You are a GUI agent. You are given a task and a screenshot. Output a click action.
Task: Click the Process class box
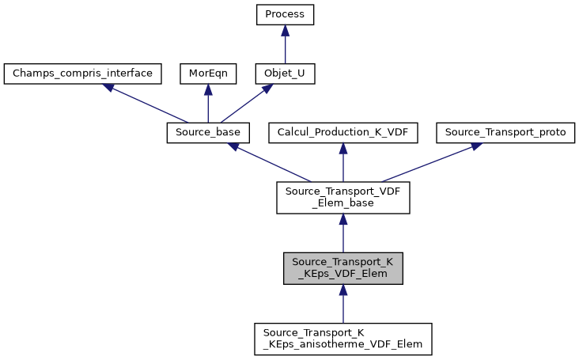285,15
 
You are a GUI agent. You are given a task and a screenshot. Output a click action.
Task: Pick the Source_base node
208,133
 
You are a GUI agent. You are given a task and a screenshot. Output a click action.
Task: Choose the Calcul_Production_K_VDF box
342,133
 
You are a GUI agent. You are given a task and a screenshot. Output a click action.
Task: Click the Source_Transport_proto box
505,133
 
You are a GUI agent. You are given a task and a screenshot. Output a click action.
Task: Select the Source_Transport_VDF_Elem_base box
342,198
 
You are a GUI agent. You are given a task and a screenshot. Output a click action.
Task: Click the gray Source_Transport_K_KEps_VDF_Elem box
342,269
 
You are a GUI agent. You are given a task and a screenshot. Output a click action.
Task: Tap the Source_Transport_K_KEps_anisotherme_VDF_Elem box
342,338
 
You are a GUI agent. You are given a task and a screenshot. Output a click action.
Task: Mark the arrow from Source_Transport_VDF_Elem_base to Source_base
269,163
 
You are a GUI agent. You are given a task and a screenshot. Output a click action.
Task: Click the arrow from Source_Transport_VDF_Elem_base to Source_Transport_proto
427,163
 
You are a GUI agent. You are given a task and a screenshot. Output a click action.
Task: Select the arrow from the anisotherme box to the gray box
342,305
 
